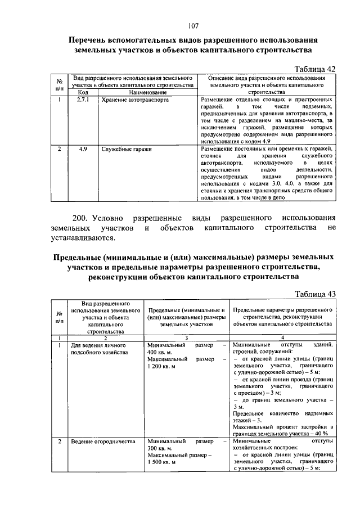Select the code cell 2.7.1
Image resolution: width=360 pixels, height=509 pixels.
click(x=83, y=100)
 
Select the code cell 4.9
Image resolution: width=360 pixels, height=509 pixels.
click(x=83, y=150)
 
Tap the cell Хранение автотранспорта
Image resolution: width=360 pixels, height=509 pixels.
click(x=134, y=100)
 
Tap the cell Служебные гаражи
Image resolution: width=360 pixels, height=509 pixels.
click(x=127, y=150)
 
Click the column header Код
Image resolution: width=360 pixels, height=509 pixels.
click(x=83, y=92)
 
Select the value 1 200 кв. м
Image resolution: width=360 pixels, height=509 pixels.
click(x=163, y=367)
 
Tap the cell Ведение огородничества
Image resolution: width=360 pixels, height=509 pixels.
click(x=103, y=442)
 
